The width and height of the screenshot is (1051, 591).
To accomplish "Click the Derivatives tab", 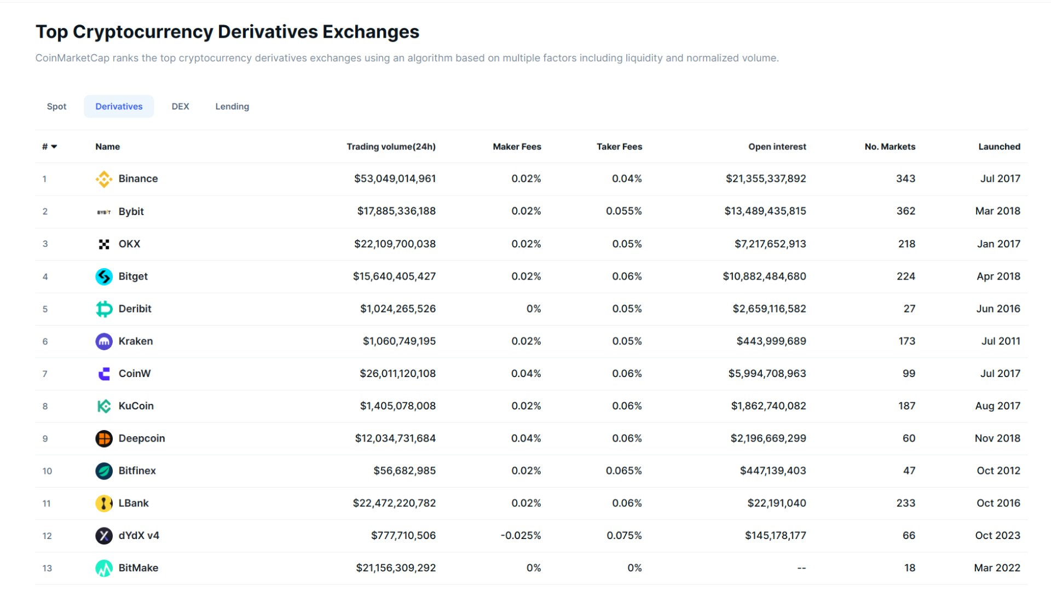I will (x=119, y=106).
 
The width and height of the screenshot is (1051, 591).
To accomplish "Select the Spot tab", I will (x=56, y=106).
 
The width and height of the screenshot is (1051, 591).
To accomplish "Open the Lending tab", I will (x=232, y=106).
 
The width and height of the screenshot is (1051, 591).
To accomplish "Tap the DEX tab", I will (x=180, y=106).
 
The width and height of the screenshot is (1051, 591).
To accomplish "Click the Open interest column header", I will (x=777, y=147).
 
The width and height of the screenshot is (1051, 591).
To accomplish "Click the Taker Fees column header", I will (x=619, y=147).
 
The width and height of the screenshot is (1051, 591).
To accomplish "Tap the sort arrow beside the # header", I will (x=54, y=147).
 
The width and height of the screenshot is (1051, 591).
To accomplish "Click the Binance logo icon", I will (x=103, y=179).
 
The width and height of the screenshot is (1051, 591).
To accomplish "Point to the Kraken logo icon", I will (x=103, y=341).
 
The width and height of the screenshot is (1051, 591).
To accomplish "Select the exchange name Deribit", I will (x=135, y=309).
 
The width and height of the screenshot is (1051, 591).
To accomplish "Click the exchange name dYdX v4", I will (x=138, y=535).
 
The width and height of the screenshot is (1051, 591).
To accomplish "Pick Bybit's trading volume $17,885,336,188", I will (x=396, y=211).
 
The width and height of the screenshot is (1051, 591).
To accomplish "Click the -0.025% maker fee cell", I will (x=521, y=535).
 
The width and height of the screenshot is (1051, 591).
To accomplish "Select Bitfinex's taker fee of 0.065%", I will (x=623, y=471).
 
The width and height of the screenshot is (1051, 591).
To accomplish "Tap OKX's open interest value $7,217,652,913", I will (x=770, y=244).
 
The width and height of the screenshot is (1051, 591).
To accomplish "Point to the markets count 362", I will (x=905, y=211).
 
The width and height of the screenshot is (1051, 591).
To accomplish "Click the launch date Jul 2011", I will (x=1001, y=341).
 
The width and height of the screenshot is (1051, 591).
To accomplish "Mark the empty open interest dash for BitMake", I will (x=801, y=568).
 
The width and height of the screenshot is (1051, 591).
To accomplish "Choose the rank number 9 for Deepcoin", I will (x=45, y=439).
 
